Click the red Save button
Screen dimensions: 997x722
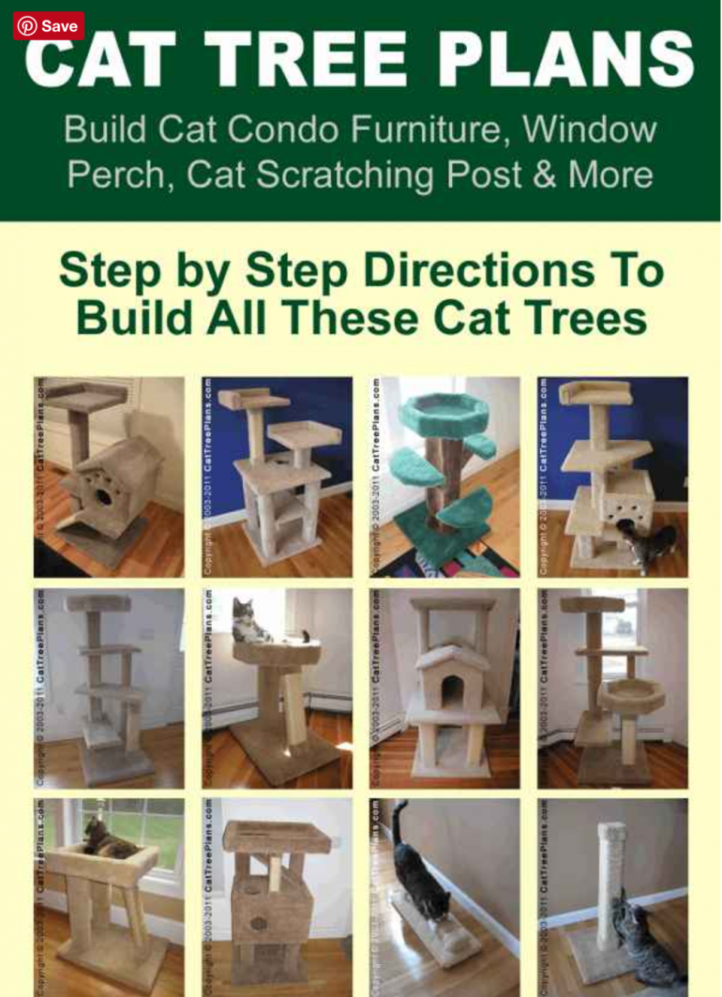(x=48, y=25)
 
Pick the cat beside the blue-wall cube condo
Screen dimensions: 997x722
(x=650, y=544)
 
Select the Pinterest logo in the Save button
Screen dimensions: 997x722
(x=27, y=25)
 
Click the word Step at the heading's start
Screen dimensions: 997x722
(x=118, y=272)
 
